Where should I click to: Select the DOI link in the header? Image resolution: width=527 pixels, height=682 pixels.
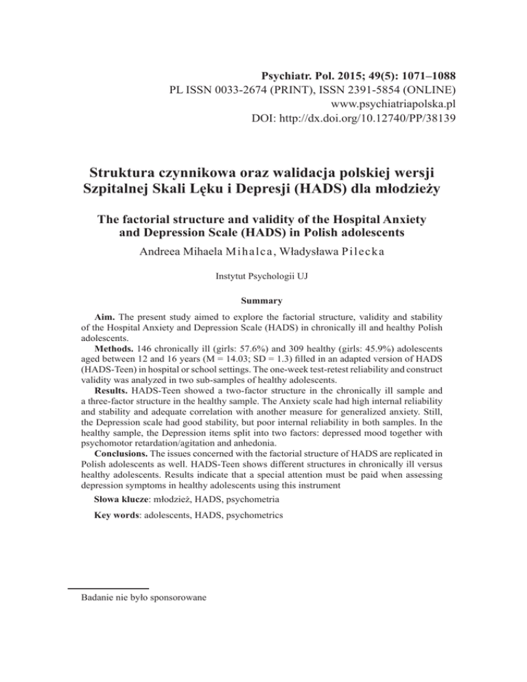[x=374, y=121]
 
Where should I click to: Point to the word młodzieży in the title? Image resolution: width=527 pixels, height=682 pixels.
[x=407, y=187]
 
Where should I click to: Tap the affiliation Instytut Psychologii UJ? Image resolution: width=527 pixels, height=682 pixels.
[x=263, y=281]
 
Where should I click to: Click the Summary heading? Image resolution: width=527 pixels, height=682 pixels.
[x=263, y=301]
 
